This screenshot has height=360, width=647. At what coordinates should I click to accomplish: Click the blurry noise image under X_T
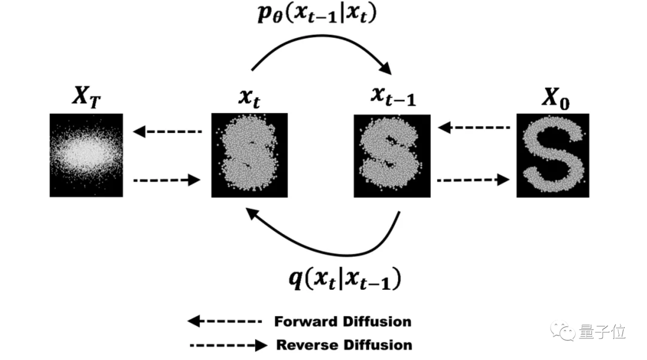[86, 155]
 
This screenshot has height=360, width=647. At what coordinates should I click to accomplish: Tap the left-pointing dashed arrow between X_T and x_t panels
[168, 131]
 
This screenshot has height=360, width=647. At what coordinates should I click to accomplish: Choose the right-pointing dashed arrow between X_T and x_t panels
[167, 179]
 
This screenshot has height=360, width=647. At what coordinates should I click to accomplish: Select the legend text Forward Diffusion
[343, 321]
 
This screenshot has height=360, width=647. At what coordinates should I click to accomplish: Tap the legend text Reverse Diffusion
[344, 345]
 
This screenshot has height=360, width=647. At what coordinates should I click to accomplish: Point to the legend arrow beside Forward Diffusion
[225, 321]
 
